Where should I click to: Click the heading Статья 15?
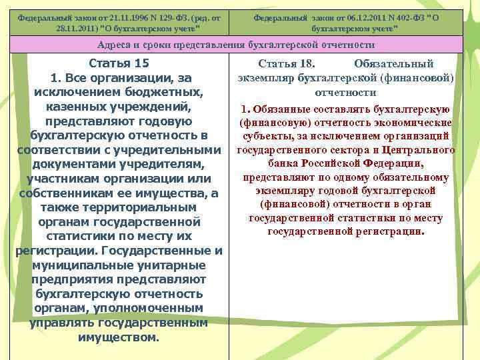119,63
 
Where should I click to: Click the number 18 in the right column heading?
305,64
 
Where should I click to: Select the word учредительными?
175,150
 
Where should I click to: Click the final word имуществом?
119,337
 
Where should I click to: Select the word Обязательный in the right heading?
394,64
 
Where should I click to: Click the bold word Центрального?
421,150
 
